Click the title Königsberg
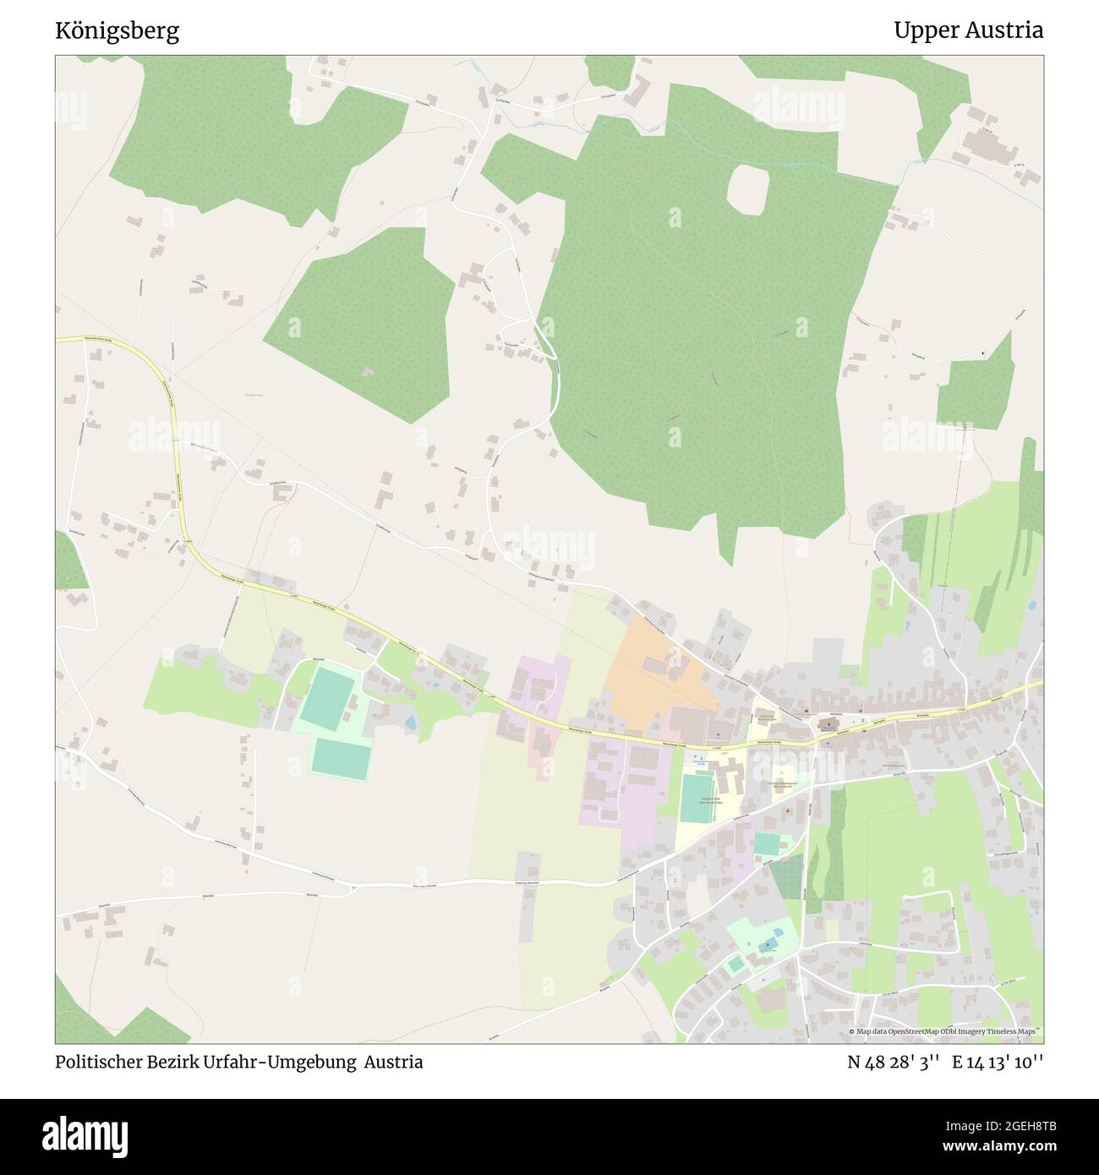(117, 31)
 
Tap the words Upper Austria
(968, 31)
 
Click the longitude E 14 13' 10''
(998, 1062)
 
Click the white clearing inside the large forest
(747, 188)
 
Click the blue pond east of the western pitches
(410, 724)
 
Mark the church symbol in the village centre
(825, 724)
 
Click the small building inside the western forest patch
(367, 371)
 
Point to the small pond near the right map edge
(1031, 605)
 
